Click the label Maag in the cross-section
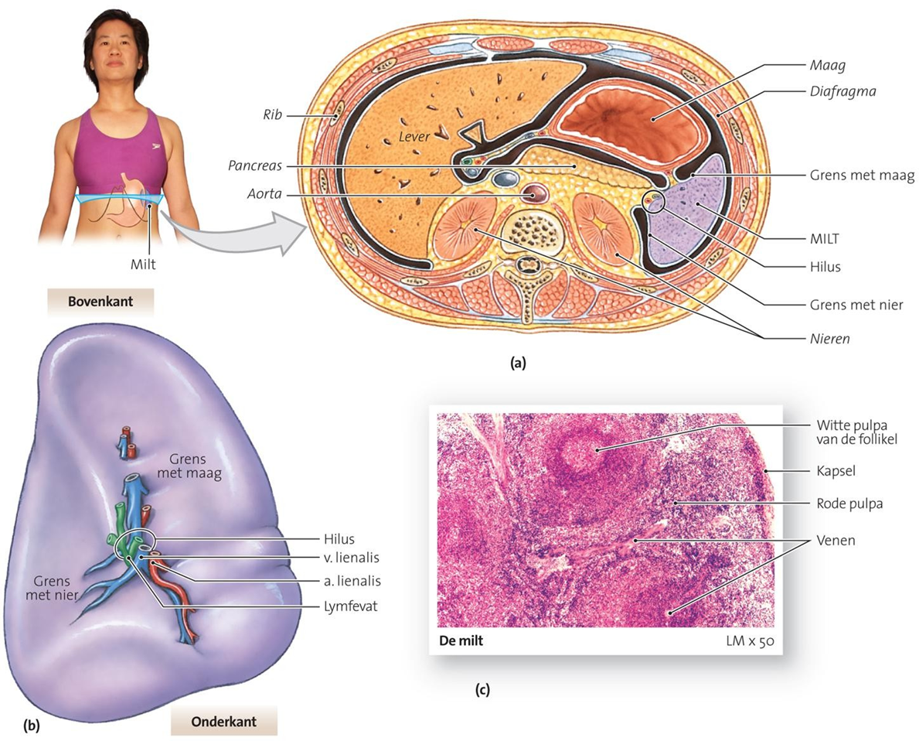[x=828, y=65]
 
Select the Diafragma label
[x=842, y=91]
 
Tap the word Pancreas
[x=255, y=166]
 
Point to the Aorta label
[x=264, y=193]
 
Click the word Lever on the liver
[x=414, y=137]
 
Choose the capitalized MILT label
[x=825, y=239]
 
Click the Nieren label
[x=830, y=339]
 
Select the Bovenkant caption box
[x=100, y=302]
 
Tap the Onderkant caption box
[x=224, y=721]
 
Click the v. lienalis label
[x=352, y=558]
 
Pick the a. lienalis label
[x=352, y=581]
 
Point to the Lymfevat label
[x=350, y=606]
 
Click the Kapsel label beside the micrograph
[x=836, y=470]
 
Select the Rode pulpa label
[x=849, y=504]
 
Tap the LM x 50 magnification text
[x=750, y=640]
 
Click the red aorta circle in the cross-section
[x=534, y=193]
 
